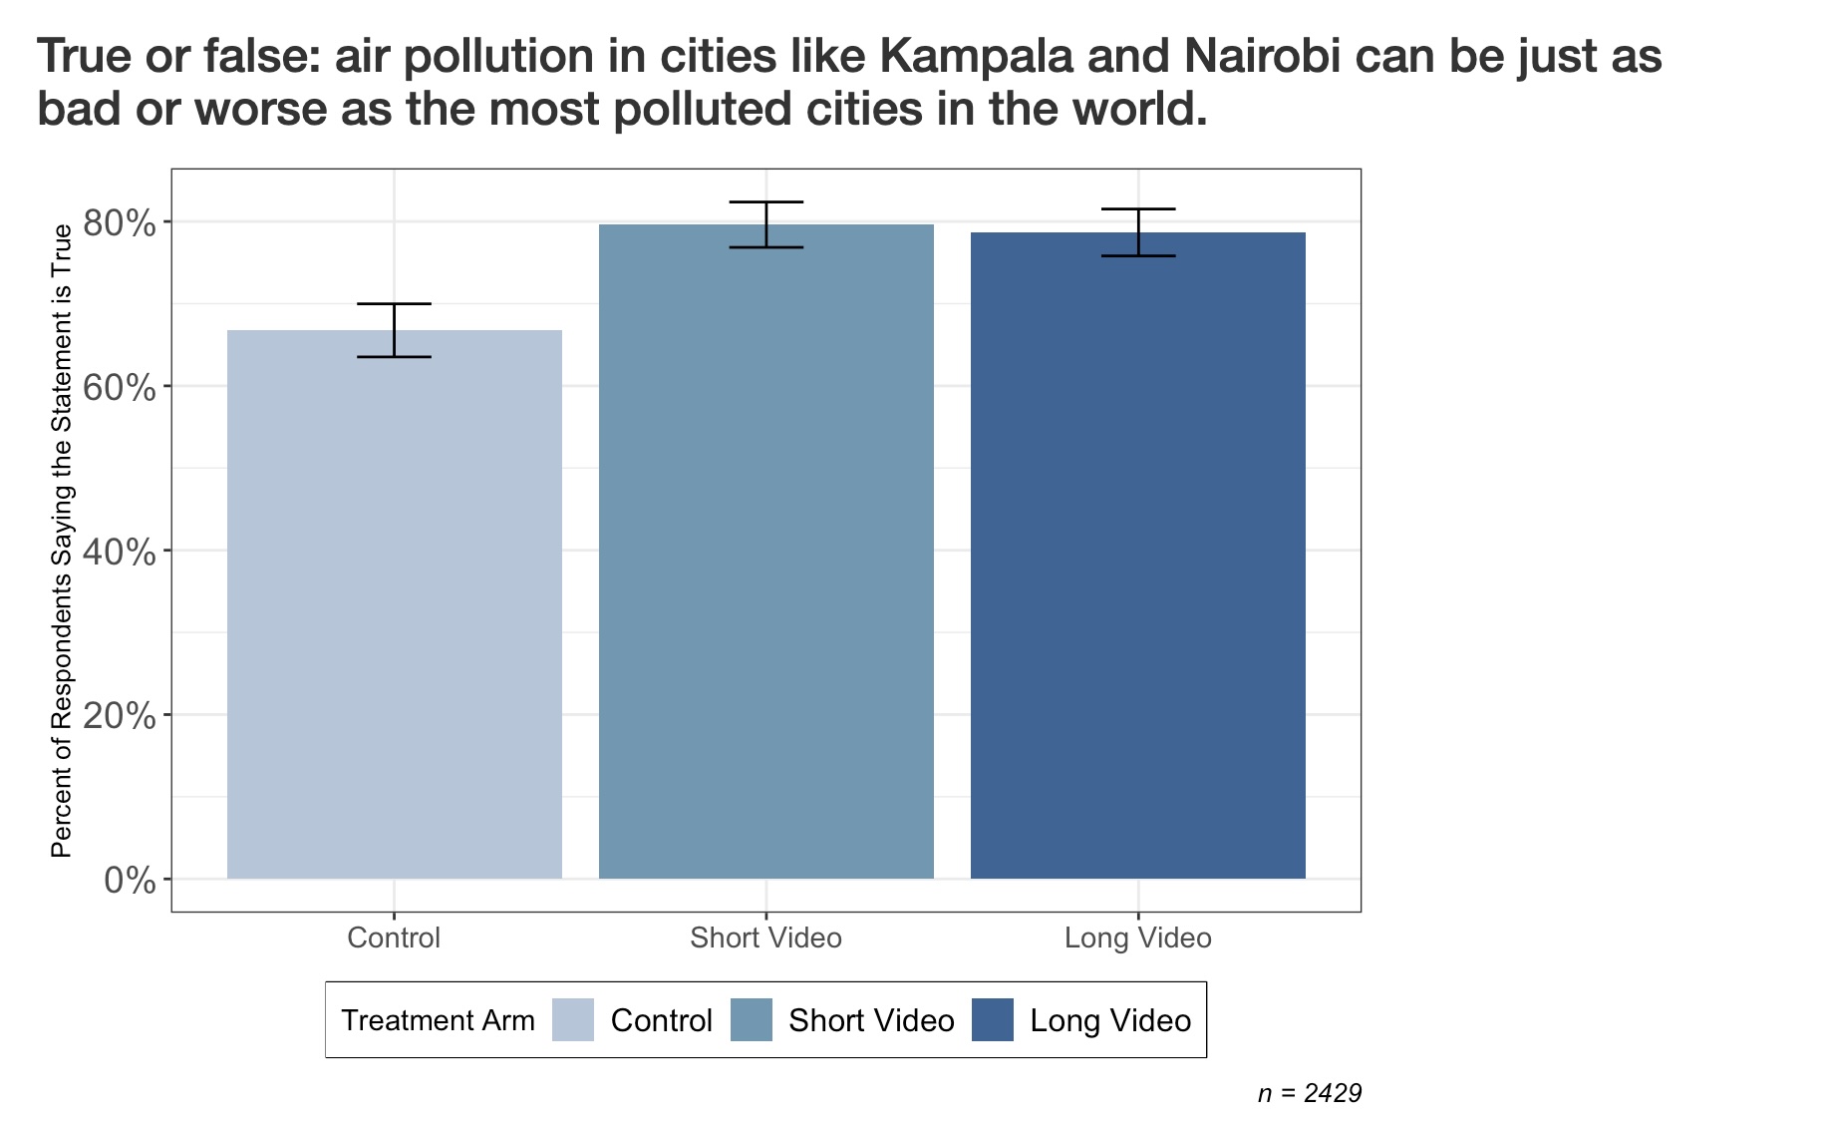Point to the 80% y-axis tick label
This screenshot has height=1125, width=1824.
coord(120,222)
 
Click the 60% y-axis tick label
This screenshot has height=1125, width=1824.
coord(120,387)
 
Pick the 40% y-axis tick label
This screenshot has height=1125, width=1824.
coord(120,552)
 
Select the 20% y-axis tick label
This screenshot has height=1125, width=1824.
coord(120,716)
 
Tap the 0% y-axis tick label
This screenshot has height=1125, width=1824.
coord(130,881)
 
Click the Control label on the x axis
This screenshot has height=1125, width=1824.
coord(394,937)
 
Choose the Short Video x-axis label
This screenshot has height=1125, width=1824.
coord(765,937)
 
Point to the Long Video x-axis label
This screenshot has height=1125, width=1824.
coord(1137,937)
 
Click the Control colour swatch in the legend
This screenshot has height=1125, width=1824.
coord(573,1020)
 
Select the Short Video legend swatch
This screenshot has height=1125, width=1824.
coord(751,1020)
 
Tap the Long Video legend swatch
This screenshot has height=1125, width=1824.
coord(992,1020)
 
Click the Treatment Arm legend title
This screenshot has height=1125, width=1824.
coord(438,1020)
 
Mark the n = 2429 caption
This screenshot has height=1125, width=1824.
coord(1309,1093)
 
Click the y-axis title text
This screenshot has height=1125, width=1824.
coord(62,541)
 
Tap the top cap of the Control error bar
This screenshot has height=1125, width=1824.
coord(394,303)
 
